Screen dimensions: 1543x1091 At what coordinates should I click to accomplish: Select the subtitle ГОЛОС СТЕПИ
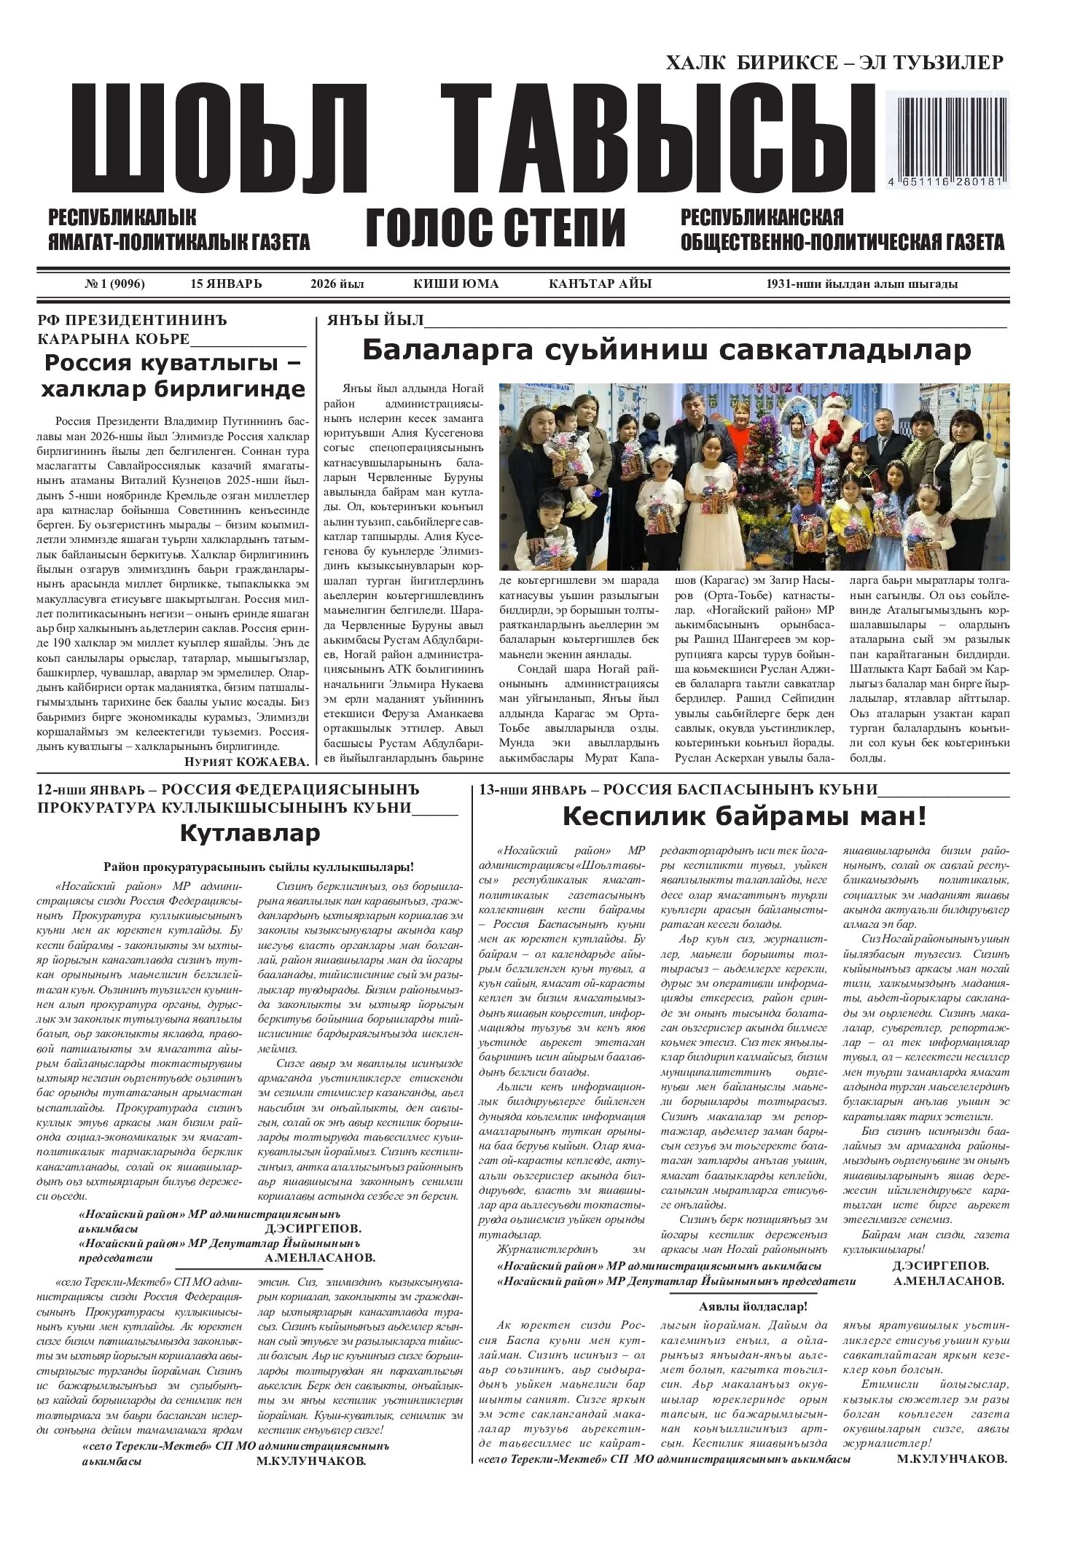pyautogui.click(x=496, y=227)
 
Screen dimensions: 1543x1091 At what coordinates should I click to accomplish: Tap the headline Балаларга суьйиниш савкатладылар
pyautogui.click(x=666, y=351)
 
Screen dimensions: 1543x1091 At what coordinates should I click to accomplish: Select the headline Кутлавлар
pyautogui.click(x=249, y=832)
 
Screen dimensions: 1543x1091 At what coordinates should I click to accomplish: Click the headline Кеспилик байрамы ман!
pyautogui.click(x=744, y=816)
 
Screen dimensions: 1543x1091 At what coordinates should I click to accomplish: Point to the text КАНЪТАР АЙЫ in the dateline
pyautogui.click(x=600, y=284)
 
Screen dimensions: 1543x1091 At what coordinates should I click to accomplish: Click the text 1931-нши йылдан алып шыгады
pyautogui.click(x=861, y=284)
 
